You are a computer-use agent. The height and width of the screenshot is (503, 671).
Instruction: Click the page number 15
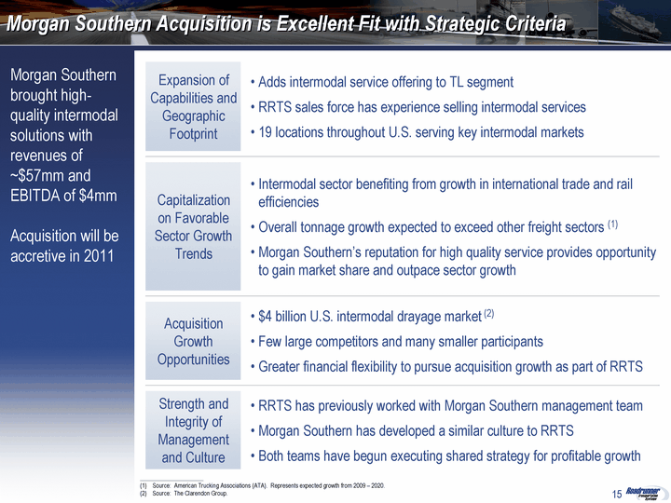[x=617, y=494]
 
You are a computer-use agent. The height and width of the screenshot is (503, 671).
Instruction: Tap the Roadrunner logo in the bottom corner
[x=643, y=493]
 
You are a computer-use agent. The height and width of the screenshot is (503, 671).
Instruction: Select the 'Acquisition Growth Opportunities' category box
[x=193, y=341]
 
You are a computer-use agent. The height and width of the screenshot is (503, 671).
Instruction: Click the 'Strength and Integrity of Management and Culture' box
[x=193, y=430]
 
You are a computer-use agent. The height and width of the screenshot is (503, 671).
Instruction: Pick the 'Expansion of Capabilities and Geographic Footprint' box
[x=193, y=106]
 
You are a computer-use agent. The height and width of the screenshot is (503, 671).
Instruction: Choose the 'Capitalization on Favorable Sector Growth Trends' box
[x=193, y=226]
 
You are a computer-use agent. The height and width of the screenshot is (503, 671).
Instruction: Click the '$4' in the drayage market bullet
[x=265, y=317]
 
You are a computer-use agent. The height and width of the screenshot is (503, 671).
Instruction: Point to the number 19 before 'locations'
[x=265, y=132]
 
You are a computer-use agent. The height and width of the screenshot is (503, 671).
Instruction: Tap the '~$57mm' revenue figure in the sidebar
[x=34, y=175]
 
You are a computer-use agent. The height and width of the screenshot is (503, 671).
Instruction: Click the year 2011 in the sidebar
[x=99, y=256]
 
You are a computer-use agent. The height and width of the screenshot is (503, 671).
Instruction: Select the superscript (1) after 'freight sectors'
[x=613, y=224]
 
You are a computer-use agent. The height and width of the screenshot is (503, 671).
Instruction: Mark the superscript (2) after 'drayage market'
[x=489, y=314]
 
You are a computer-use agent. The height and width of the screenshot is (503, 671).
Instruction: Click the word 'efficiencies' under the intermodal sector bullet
[x=288, y=202]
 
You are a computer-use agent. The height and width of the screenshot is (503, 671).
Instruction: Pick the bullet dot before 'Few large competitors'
[x=253, y=342]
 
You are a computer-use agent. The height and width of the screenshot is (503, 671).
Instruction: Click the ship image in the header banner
[x=635, y=23]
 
